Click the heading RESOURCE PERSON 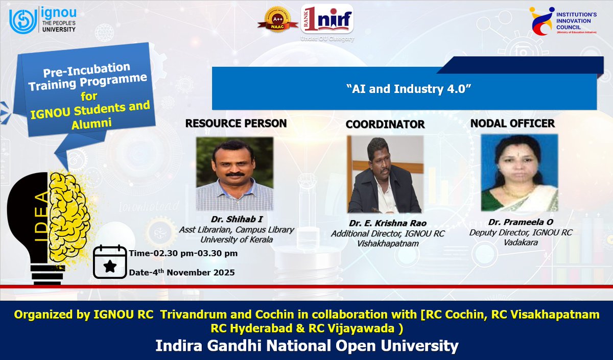235,123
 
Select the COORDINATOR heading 385,124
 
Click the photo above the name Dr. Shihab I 234,174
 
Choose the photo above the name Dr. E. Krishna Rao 385,174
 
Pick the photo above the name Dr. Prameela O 519,173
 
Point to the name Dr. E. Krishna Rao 387,223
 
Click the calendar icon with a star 109,261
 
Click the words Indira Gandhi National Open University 306,346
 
